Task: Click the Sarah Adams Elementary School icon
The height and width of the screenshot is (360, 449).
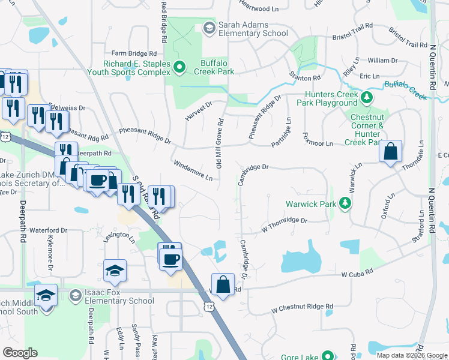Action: pyautogui.click(x=209, y=28)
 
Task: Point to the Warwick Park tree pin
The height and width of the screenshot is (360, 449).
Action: pyautogui.click(x=345, y=204)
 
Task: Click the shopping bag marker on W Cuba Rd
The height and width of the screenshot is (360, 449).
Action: pyautogui.click(x=223, y=285)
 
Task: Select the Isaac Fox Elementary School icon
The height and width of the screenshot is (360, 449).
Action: pyautogui.click(x=75, y=295)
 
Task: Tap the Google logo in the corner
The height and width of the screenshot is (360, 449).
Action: pyautogui.click(x=20, y=353)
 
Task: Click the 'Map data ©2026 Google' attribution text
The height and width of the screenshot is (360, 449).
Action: pyautogui.click(x=411, y=355)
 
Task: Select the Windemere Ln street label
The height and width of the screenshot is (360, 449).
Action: pyautogui.click(x=193, y=170)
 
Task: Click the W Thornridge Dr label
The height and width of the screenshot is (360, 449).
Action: pyautogui.click(x=284, y=225)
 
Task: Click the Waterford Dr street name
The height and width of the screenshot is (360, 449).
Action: pyautogui.click(x=47, y=230)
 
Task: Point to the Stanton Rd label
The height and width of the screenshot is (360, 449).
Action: pyautogui.click(x=305, y=78)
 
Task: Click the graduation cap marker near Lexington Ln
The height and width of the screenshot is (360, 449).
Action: pyautogui.click(x=115, y=271)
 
